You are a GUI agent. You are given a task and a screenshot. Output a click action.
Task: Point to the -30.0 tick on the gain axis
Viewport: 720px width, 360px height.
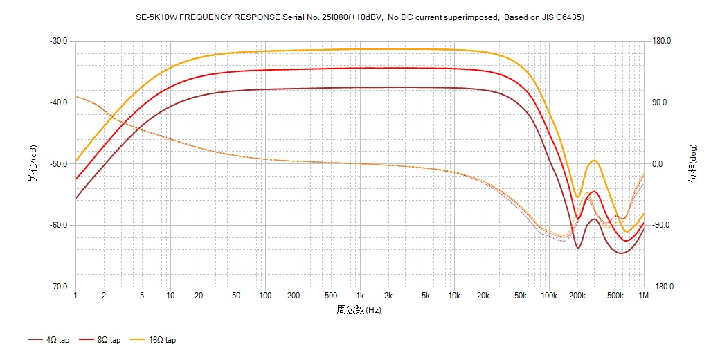pos(58,41)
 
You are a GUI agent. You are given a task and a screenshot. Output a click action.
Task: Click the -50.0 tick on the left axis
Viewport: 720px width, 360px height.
pos(58,164)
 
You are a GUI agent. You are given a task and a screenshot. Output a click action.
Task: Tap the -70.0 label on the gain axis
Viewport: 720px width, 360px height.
pos(58,287)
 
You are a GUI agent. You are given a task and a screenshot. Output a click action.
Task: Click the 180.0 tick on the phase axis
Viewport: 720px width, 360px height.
pos(661,41)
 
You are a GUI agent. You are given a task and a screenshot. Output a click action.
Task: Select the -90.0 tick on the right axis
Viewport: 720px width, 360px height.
pos(661,226)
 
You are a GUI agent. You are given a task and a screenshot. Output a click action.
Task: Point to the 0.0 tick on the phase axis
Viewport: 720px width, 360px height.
pos(657,164)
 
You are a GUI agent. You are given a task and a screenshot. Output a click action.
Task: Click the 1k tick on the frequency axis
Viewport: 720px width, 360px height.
pos(359,296)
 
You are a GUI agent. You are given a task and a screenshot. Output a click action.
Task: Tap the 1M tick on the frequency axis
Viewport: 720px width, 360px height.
pos(643,296)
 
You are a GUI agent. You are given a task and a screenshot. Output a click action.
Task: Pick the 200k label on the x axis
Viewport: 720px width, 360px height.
pos(577,296)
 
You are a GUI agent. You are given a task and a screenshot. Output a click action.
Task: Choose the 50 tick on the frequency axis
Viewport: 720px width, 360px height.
pos(236,296)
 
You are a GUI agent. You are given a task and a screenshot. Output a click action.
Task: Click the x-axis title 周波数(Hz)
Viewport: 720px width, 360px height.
pos(359,309)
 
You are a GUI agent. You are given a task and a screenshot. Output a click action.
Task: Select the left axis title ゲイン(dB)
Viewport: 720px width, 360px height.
pos(33,164)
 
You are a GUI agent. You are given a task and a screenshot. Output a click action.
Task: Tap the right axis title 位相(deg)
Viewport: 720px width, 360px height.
pos(692,164)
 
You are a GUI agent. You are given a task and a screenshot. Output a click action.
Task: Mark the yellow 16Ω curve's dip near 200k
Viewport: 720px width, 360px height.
pos(577,197)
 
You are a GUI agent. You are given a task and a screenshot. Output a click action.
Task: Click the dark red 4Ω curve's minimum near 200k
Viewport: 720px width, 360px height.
pos(578,248)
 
